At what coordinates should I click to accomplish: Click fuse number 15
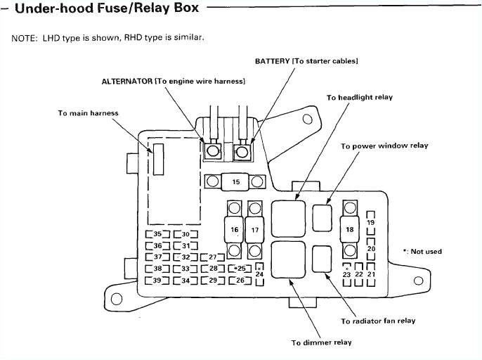coord(235,182)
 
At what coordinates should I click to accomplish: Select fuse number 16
coord(235,229)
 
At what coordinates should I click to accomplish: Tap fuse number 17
coord(256,229)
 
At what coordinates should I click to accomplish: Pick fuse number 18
coord(349,229)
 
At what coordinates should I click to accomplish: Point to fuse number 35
coord(157,234)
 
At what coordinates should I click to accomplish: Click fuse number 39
coord(157,281)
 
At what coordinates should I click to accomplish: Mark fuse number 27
coord(212,257)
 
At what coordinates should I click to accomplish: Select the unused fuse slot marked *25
coord(240,269)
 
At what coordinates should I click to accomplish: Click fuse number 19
coord(371,223)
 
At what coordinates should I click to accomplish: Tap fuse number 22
coord(359,274)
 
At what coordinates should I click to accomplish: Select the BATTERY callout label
coord(306,61)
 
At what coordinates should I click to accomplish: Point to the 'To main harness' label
coord(88,113)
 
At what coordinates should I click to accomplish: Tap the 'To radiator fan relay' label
coord(378,321)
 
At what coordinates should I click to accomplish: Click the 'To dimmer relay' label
coord(321,342)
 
